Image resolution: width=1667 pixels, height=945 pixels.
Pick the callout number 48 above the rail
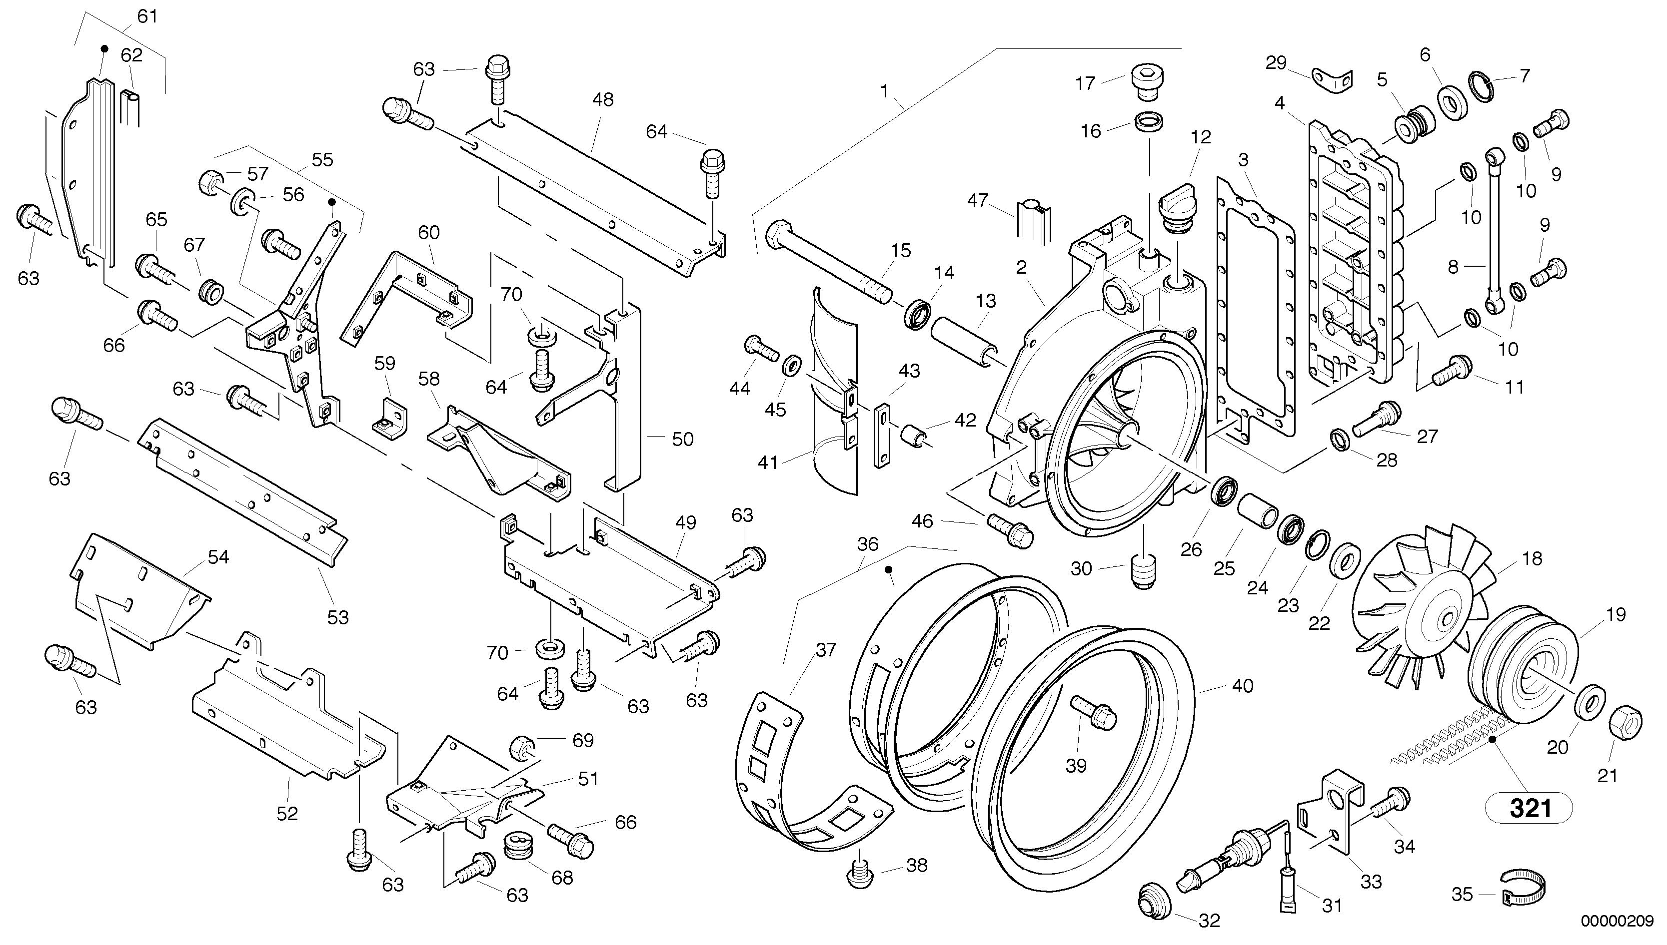point(603,100)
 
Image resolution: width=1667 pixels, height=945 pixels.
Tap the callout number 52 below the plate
point(287,813)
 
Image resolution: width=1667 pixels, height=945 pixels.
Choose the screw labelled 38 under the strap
point(857,874)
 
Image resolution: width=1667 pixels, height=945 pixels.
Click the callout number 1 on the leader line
point(884,91)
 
